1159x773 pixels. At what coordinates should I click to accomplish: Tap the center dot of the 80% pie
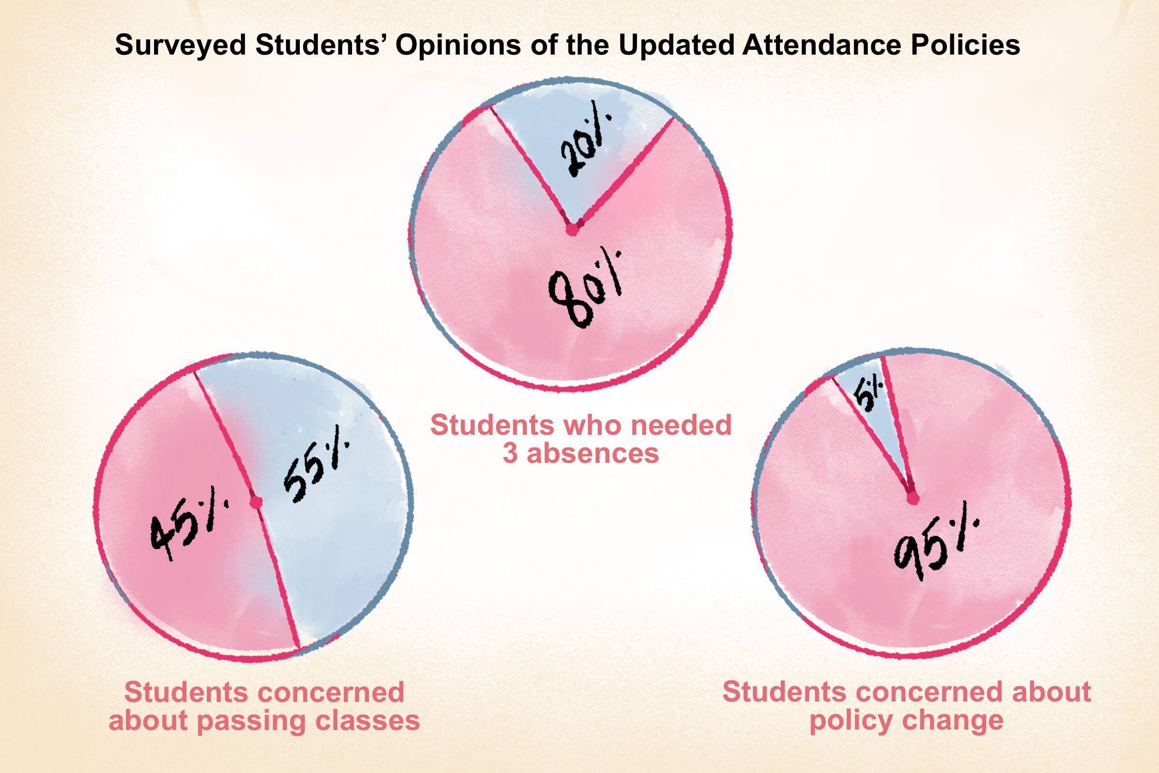572,230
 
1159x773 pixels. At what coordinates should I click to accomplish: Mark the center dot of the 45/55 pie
255,502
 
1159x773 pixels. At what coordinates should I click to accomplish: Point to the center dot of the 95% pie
913,499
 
